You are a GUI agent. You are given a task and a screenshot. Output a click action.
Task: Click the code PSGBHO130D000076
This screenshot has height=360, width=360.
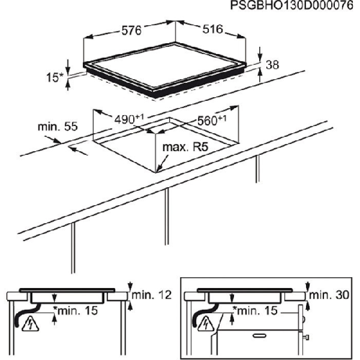(292, 5)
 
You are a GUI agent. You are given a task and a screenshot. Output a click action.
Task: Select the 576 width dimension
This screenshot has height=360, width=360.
(131, 31)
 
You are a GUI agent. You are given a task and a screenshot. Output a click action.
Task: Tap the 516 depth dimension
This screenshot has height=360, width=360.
(212, 29)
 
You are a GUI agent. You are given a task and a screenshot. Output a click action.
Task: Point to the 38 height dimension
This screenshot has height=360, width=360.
(272, 65)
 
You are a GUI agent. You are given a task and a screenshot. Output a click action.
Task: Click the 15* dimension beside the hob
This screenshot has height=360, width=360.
(54, 77)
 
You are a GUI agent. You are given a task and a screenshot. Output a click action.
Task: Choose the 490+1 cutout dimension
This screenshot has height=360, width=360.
(129, 119)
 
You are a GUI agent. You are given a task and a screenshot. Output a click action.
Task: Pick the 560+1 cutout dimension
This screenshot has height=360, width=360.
(212, 120)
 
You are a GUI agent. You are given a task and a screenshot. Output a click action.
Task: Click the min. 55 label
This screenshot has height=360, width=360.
(58, 126)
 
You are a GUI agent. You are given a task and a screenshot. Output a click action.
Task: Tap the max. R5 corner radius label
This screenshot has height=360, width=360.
(185, 147)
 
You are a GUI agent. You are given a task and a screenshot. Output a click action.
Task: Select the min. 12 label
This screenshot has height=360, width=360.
(152, 295)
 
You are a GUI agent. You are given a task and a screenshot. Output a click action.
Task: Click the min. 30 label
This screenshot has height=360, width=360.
(329, 295)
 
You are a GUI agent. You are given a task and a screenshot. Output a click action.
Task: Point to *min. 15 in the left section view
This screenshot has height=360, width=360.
(76, 310)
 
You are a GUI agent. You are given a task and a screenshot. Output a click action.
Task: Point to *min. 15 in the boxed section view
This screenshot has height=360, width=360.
(255, 310)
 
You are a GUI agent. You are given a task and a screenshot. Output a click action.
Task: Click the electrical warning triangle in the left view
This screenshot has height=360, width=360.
(30, 324)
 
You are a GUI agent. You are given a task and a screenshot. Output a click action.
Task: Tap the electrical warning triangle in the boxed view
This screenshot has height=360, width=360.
(206, 324)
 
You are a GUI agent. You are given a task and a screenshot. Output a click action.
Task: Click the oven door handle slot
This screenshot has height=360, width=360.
(260, 336)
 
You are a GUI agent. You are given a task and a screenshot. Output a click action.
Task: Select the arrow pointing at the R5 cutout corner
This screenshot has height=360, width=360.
(162, 163)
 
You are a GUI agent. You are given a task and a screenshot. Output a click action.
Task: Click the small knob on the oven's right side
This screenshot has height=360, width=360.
(306, 337)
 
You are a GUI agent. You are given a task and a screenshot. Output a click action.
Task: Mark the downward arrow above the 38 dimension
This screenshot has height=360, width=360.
(260, 54)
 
